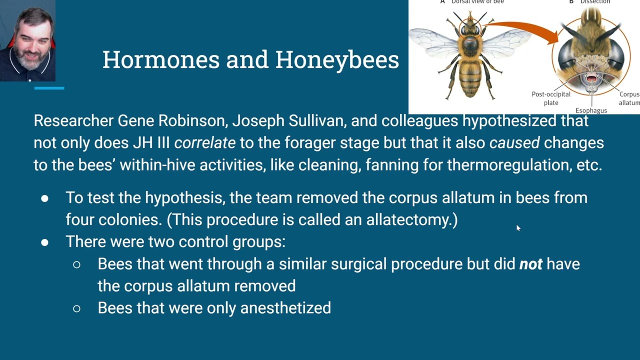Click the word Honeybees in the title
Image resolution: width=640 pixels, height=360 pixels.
click(x=337, y=59)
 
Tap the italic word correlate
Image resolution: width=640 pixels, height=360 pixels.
click(x=205, y=143)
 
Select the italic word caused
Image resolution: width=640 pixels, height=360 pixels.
click(x=514, y=143)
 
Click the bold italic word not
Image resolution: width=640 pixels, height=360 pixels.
click(x=530, y=264)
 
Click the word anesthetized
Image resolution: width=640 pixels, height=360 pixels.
click(x=285, y=308)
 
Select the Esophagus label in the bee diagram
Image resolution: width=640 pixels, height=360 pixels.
click(x=591, y=110)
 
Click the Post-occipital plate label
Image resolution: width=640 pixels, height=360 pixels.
click(x=551, y=98)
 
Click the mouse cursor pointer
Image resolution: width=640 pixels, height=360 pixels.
click(x=518, y=228)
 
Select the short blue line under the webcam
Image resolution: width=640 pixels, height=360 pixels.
click(x=49, y=88)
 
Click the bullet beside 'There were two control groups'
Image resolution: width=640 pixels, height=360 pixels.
click(x=45, y=242)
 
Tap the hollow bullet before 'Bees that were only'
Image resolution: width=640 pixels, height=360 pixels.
click(x=76, y=308)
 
